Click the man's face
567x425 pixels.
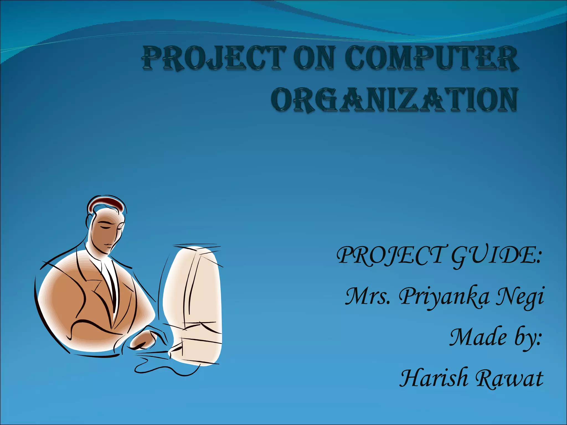[x=107, y=232]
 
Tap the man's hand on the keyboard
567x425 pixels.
[x=143, y=340]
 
